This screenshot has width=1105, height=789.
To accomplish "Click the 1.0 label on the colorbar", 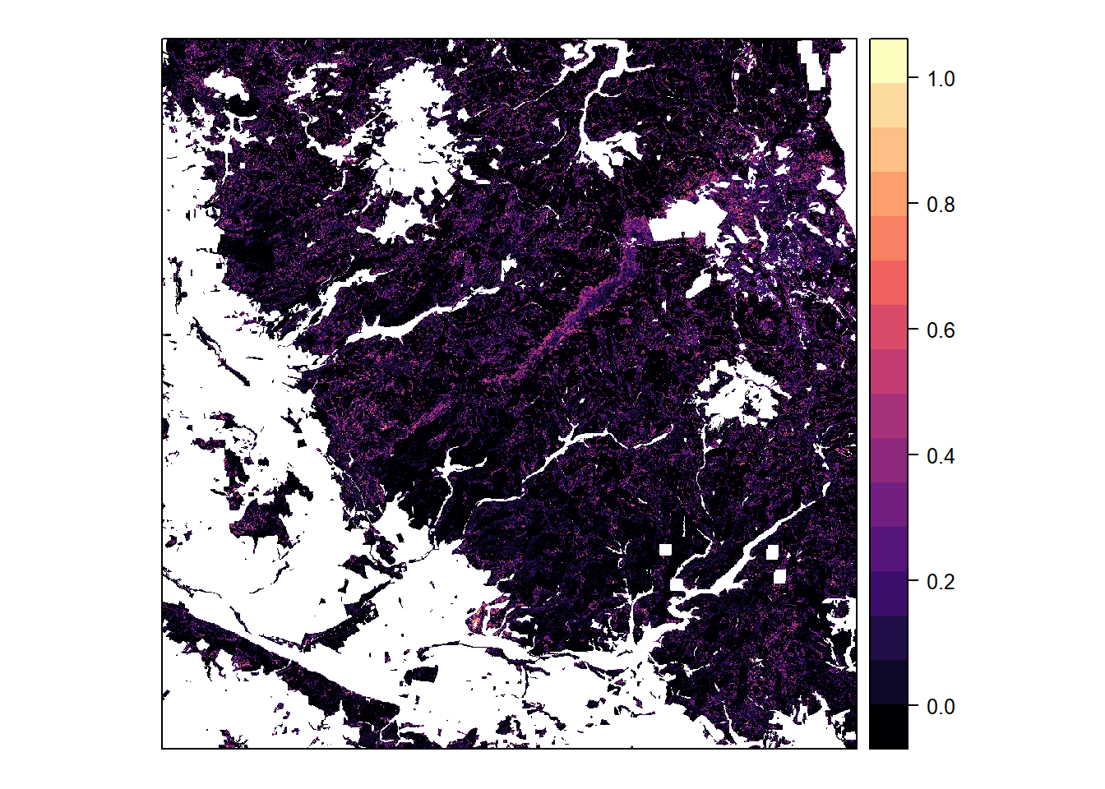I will (941, 79).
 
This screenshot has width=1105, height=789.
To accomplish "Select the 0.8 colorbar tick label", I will (941, 205).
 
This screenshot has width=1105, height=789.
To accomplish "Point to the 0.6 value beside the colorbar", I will (941, 330).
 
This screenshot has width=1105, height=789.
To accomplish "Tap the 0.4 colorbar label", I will (941, 456).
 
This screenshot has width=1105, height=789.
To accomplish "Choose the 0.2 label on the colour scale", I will (941, 582).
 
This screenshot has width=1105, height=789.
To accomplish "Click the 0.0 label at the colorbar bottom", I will (941, 707).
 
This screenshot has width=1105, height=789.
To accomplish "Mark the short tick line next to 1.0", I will (913, 79).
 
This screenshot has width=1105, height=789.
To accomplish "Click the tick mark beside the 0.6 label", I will (913, 330).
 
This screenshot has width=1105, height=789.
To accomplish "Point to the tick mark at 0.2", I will (913, 582).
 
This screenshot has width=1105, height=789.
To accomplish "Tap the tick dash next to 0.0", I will (913, 707).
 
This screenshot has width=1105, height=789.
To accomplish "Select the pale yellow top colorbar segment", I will (889, 60).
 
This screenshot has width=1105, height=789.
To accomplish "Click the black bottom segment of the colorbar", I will (889, 727).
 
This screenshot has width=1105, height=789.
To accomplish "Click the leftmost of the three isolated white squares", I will (665, 550).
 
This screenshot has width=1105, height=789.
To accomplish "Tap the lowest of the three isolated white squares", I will (779, 577).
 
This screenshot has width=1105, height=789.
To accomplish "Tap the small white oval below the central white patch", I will (698, 285).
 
